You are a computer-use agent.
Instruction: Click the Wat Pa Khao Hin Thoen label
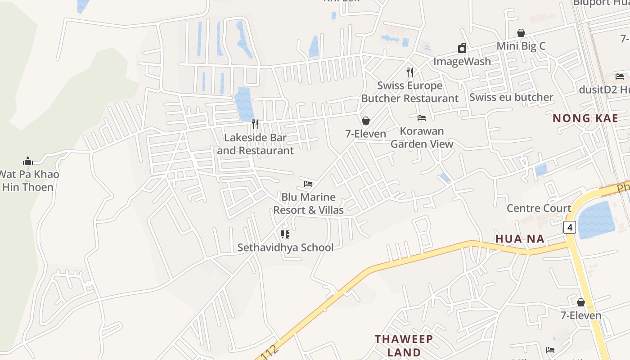click(28, 180)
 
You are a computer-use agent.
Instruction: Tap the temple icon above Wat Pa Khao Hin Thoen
click(28, 162)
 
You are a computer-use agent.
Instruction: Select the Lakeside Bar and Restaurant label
click(255, 144)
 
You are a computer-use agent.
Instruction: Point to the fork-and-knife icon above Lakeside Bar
click(255, 124)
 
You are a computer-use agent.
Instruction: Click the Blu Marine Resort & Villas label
click(308, 203)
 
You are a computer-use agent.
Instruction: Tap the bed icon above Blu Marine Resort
click(308, 184)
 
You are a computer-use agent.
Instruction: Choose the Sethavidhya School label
click(285, 247)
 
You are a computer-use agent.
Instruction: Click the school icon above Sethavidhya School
click(285, 234)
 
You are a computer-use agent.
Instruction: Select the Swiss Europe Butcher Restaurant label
click(410, 92)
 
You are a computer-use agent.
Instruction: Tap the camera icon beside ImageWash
click(462, 49)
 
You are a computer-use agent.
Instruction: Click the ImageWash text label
click(462, 61)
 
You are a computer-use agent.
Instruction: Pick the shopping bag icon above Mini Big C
click(521, 33)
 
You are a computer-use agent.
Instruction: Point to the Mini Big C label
click(521, 46)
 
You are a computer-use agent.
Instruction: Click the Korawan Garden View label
click(422, 137)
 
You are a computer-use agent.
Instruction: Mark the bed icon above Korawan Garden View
click(422, 118)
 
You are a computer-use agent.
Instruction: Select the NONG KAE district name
click(585, 118)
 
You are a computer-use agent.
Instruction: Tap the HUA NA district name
click(520, 238)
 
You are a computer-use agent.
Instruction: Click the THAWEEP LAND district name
click(404, 345)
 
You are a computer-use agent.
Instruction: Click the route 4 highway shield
click(570, 227)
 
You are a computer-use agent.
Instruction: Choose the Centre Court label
click(539, 208)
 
